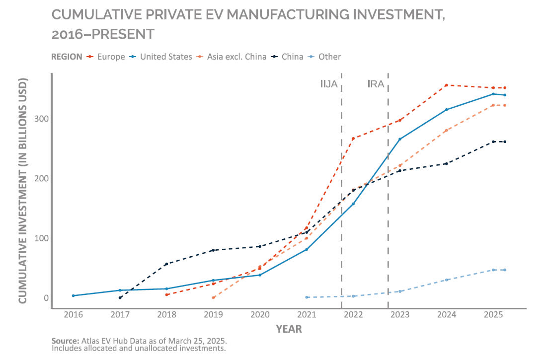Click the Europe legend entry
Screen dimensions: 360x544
click(x=111, y=57)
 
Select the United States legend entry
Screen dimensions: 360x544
click(x=165, y=57)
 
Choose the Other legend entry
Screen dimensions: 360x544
click(x=329, y=57)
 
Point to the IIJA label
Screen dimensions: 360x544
click(x=329, y=84)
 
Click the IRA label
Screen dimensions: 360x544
click(x=376, y=84)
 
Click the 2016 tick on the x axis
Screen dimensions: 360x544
click(x=73, y=315)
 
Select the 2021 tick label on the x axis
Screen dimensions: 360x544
click(x=307, y=315)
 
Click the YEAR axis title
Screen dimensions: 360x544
click(x=289, y=329)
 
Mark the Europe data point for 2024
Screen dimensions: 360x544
click(x=447, y=85)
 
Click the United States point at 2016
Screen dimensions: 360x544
click(x=73, y=296)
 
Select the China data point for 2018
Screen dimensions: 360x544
click(x=166, y=264)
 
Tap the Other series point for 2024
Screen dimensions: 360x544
click(x=447, y=280)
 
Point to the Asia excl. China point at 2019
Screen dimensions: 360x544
click(x=213, y=298)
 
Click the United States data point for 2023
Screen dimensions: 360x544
click(x=400, y=139)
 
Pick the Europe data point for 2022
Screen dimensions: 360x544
click(x=353, y=139)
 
